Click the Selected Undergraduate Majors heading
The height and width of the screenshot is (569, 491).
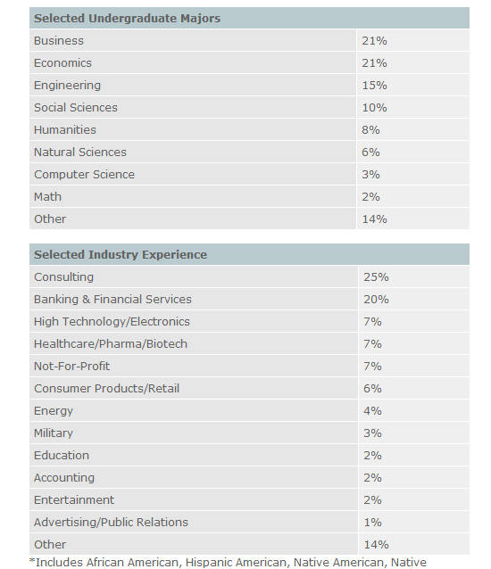(x=127, y=18)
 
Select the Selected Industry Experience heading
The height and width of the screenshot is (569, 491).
(x=121, y=254)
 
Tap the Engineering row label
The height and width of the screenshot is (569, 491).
(x=67, y=86)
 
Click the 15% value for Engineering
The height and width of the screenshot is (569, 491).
(x=374, y=86)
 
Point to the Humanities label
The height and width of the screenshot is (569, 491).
(x=65, y=129)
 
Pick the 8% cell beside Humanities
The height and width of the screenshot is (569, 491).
(x=370, y=129)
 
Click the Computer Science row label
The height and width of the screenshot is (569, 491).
(x=84, y=175)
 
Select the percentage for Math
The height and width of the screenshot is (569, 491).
(x=370, y=197)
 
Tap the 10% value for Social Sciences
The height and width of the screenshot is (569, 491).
(x=374, y=107)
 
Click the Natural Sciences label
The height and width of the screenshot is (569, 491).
(x=80, y=152)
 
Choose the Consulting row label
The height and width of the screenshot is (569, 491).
(x=63, y=277)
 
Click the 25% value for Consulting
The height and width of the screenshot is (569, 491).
(x=376, y=277)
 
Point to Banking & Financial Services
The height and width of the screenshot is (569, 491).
(x=112, y=300)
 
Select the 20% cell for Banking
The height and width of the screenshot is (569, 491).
(x=376, y=300)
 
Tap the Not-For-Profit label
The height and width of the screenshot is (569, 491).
(x=72, y=367)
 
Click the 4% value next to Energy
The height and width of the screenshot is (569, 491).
(x=372, y=411)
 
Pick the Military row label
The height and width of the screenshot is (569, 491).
(x=54, y=433)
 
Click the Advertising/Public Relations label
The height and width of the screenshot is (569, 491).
(x=111, y=523)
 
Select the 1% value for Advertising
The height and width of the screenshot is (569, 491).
(x=372, y=523)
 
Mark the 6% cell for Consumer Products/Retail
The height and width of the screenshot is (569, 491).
(x=372, y=389)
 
